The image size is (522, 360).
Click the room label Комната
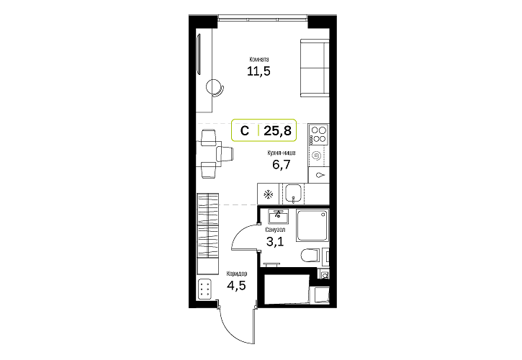[x=259, y=60]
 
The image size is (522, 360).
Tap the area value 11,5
[x=258, y=71]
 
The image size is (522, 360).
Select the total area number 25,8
[x=277, y=131]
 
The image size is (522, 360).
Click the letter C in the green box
[x=245, y=131]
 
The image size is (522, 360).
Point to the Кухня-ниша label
[x=282, y=153]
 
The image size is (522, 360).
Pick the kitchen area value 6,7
[x=282, y=164]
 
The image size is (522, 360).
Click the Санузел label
[x=275, y=230]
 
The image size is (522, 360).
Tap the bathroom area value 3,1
[x=275, y=240]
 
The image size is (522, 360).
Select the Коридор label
[x=237, y=274]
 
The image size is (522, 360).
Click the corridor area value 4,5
[x=236, y=285]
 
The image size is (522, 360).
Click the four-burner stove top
[x=318, y=135]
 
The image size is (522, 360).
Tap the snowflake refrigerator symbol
[x=269, y=194]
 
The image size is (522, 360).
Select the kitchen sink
[x=293, y=194]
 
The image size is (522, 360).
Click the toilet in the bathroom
[x=310, y=256]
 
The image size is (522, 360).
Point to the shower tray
[x=312, y=225]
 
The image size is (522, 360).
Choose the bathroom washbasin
[x=279, y=217]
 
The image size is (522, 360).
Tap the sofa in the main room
[x=315, y=68]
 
